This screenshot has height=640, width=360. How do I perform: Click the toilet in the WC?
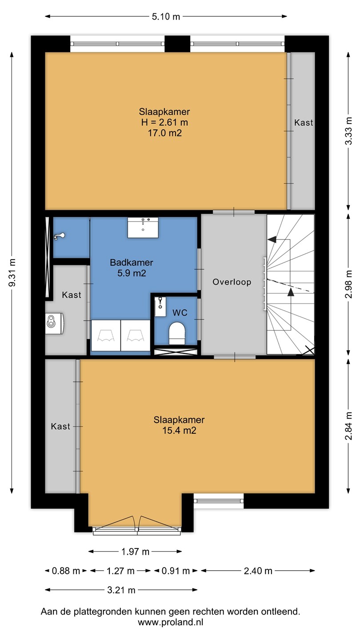[177, 333]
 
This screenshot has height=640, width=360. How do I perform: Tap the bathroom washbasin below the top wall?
[143, 228]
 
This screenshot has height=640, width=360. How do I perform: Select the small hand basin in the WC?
[160, 306]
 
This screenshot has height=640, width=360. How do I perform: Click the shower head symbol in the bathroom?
[60, 236]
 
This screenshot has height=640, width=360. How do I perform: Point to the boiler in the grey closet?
[54, 323]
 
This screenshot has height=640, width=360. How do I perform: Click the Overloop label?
[232, 282]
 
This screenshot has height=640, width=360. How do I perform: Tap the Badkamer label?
[132, 262]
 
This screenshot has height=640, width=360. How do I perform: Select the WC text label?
[180, 313]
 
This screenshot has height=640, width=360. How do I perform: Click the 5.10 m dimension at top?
[166, 16]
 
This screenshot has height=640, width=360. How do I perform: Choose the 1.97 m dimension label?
[135, 552]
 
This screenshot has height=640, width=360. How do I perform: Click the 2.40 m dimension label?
[258, 571]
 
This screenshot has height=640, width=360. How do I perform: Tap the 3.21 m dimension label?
[121, 590]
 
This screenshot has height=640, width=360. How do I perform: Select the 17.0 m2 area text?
[164, 133]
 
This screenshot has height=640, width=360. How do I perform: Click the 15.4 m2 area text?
[179, 430]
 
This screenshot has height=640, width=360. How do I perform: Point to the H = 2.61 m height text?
[164, 122]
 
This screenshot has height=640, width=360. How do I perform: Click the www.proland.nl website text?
[171, 622]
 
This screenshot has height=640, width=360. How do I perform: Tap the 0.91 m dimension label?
[176, 571]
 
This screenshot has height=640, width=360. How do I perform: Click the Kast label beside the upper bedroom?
[304, 123]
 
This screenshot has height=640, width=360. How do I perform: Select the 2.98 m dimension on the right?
[348, 284]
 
